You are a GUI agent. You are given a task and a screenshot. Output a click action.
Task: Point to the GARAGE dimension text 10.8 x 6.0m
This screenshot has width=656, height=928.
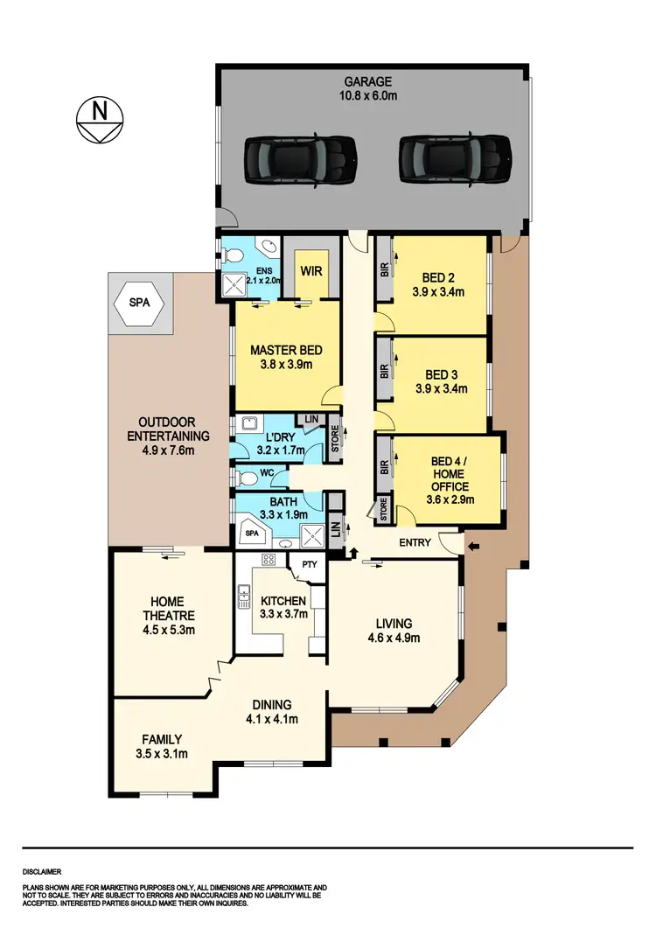373,96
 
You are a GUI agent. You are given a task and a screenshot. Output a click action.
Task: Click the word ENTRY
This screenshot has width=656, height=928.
415,543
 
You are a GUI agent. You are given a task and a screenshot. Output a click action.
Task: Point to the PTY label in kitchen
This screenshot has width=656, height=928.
309,565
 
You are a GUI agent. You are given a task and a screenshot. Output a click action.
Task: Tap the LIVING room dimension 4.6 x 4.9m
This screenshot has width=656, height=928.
394,638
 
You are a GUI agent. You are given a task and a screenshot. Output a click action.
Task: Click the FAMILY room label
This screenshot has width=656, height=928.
162,739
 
